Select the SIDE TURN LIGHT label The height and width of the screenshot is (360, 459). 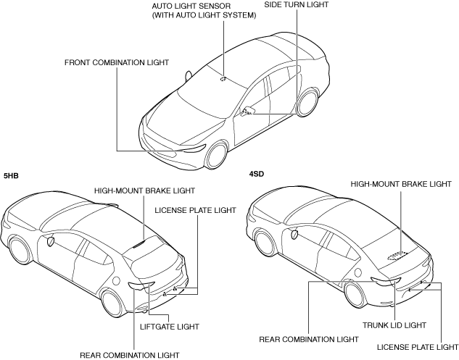[x=296, y=5]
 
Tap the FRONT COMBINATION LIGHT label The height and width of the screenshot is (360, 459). [x=116, y=63]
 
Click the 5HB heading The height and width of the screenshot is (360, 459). [x=11, y=176]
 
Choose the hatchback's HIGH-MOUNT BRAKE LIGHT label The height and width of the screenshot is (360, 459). [x=145, y=191]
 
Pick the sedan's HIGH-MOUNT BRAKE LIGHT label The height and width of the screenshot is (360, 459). [x=402, y=185]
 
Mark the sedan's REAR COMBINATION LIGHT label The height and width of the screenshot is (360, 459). [x=308, y=338]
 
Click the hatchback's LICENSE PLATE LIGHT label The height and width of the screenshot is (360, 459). [x=196, y=210]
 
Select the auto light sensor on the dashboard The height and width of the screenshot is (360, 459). [x=223, y=78]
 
